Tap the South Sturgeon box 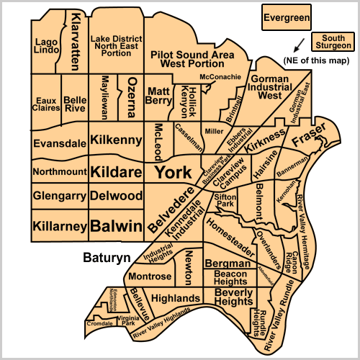pos(333,42)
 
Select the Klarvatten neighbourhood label pos(74,40)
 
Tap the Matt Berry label pos(158,96)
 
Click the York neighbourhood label pos(174,172)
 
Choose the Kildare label pos(116,172)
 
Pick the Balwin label pos(116,225)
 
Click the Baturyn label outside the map pos(105,256)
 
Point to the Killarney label pos(59,226)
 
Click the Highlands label pos(175,298)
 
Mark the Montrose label pos(150,276)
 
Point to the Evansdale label pos(59,143)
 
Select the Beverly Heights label pos(234,297)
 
